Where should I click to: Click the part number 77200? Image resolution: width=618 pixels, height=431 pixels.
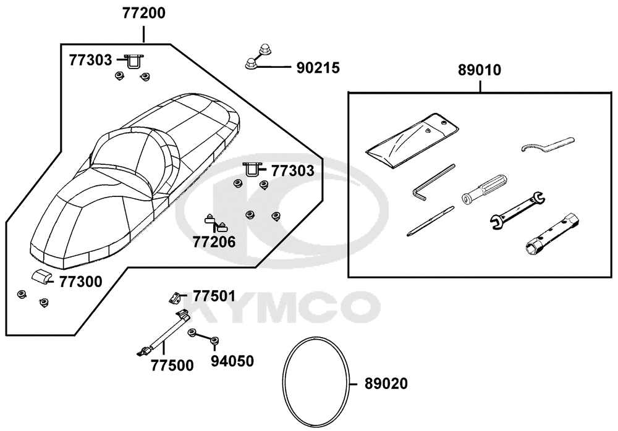[x=143, y=14]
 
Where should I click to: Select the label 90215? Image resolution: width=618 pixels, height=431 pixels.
[x=318, y=68]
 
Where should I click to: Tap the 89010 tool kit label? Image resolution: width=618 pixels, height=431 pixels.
[x=480, y=70]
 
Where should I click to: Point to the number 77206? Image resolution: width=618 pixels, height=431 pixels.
[x=214, y=242]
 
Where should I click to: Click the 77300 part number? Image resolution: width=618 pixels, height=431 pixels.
[x=81, y=282]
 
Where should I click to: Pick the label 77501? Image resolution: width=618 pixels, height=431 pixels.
[x=214, y=296]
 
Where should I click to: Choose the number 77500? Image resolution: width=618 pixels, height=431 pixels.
[x=172, y=366]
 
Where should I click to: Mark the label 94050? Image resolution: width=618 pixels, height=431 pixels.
[x=232, y=361]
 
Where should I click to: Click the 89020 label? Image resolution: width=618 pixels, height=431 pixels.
[x=386, y=383]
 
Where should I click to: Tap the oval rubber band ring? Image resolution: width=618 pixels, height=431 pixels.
[x=284, y=382]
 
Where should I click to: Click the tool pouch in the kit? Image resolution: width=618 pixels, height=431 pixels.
[x=412, y=140]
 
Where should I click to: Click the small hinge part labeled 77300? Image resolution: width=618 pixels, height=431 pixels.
[x=41, y=277]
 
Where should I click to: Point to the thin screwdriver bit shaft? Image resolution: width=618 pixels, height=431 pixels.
[x=430, y=221]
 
